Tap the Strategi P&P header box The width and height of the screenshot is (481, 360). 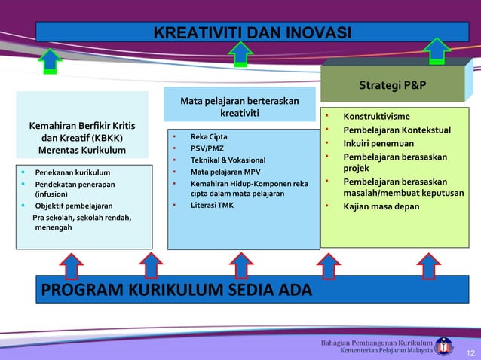point(392,84)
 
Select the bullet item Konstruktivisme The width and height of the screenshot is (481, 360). point(376,117)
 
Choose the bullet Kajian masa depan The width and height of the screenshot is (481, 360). point(381,206)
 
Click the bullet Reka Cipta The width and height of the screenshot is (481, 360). point(209,136)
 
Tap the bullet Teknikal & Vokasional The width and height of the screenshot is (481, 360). point(228,160)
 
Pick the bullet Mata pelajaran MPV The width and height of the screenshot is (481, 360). point(225,172)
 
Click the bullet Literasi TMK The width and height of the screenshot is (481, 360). point(212,205)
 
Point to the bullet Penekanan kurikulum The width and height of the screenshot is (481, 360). point(72,172)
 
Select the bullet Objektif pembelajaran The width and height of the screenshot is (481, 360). point(74,205)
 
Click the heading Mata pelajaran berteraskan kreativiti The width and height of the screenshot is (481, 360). point(239,107)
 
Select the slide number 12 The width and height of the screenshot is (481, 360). point(470,352)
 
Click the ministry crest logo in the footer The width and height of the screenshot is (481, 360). point(445,346)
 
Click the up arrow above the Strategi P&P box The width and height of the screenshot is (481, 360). point(437,50)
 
